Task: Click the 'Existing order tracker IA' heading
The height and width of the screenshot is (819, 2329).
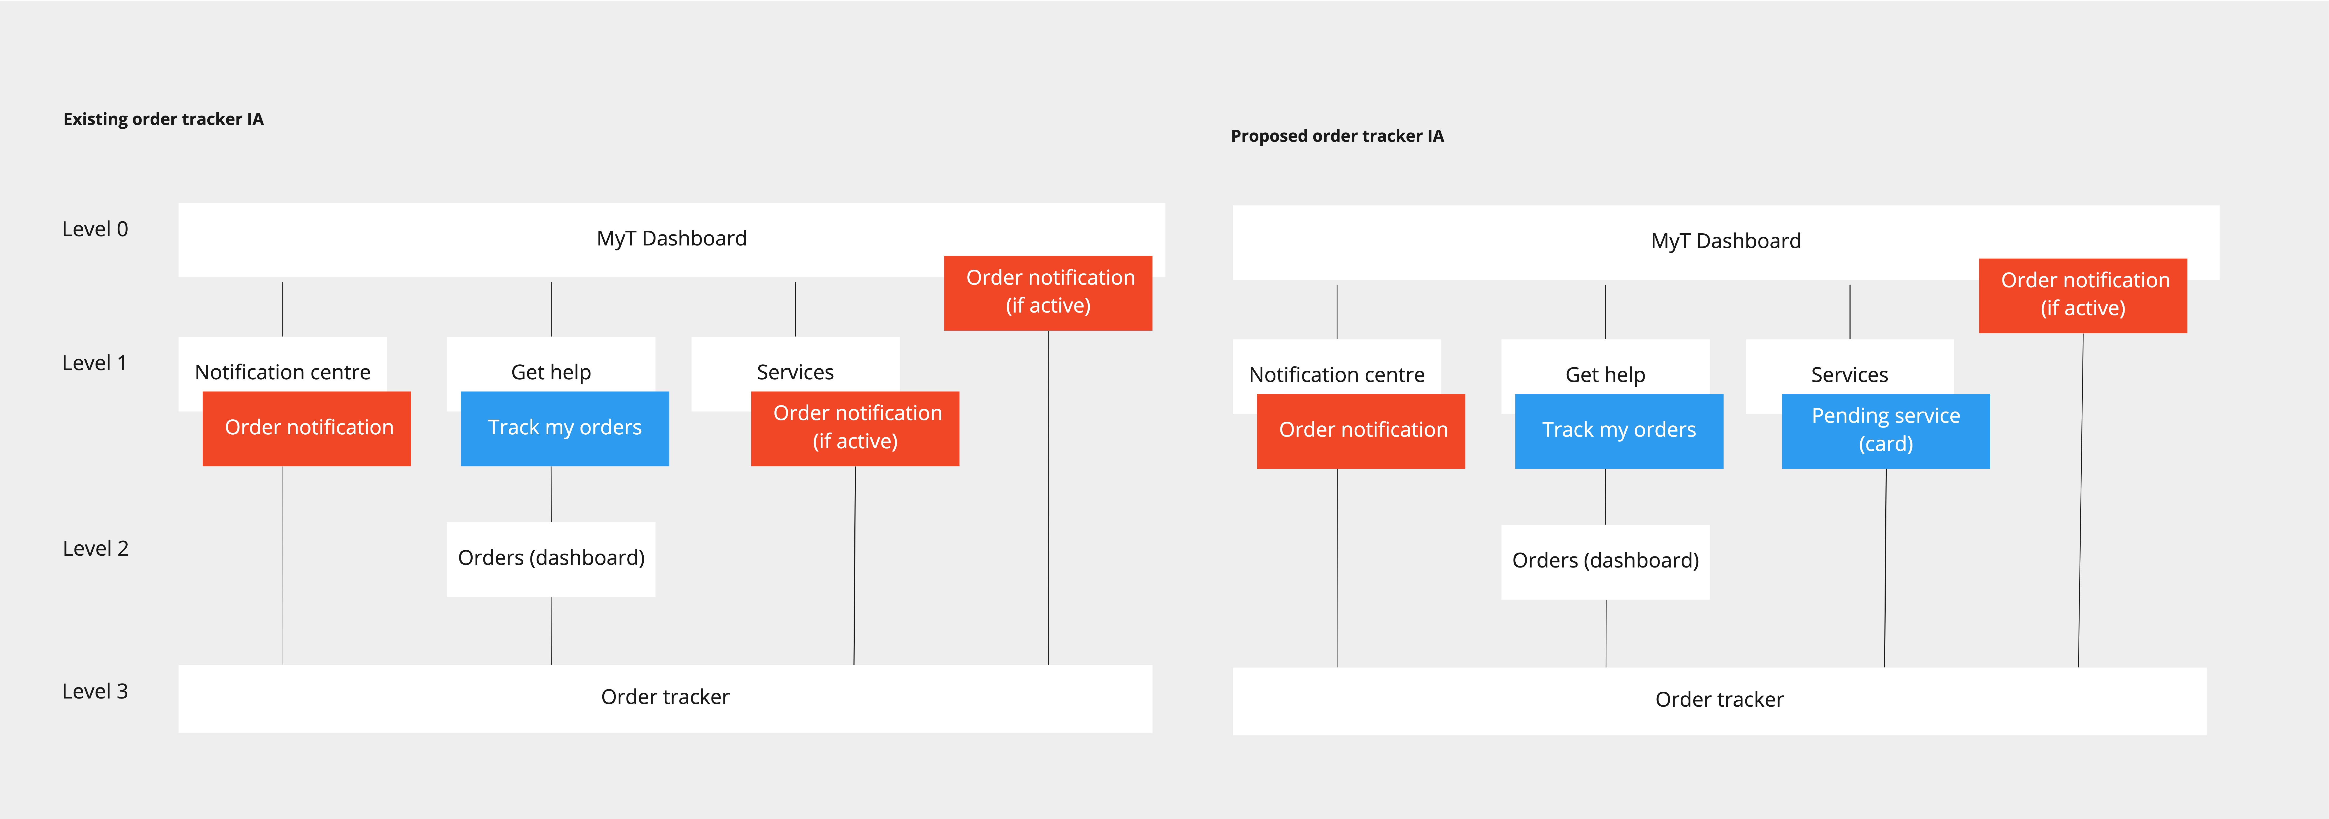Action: [164, 119]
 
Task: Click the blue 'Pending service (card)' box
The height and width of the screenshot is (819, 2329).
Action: [1886, 431]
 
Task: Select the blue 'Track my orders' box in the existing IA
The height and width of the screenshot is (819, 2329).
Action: [565, 429]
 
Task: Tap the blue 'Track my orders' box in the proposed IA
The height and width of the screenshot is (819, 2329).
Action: [1619, 431]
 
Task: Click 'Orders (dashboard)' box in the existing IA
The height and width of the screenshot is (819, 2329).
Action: [552, 559]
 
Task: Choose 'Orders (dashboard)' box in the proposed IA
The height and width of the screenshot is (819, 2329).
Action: [1606, 561]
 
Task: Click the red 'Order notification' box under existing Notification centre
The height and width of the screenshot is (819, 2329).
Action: [307, 429]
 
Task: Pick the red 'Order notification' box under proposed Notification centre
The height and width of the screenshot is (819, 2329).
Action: [1361, 431]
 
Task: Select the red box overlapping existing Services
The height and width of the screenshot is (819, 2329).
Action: [855, 429]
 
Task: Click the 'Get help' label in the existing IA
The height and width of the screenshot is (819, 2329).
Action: [552, 373]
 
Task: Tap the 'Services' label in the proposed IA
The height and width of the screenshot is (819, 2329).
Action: [1850, 375]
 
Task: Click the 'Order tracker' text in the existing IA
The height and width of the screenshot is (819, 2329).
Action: [665, 697]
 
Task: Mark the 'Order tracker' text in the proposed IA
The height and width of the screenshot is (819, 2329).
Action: [1720, 700]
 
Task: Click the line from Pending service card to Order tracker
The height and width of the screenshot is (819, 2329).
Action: [1885, 568]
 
